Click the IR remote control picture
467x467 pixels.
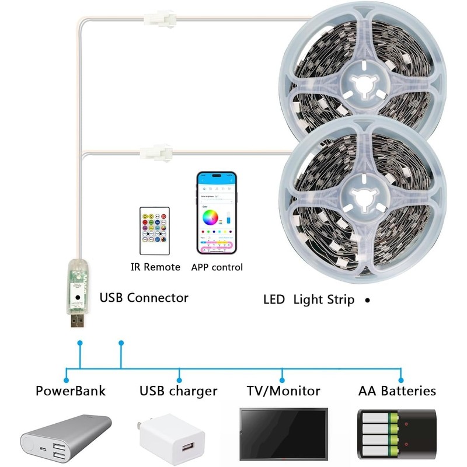pos(154,229)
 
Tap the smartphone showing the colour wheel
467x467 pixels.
pos(217,213)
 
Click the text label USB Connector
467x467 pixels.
pos(144,298)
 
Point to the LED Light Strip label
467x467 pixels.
pos(309,300)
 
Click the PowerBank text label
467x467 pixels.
pos(71,391)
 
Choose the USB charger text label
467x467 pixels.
pos(178,391)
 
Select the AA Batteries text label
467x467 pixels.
pos(396,391)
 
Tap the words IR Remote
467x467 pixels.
pos(154,267)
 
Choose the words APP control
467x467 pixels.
pos(217,267)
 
